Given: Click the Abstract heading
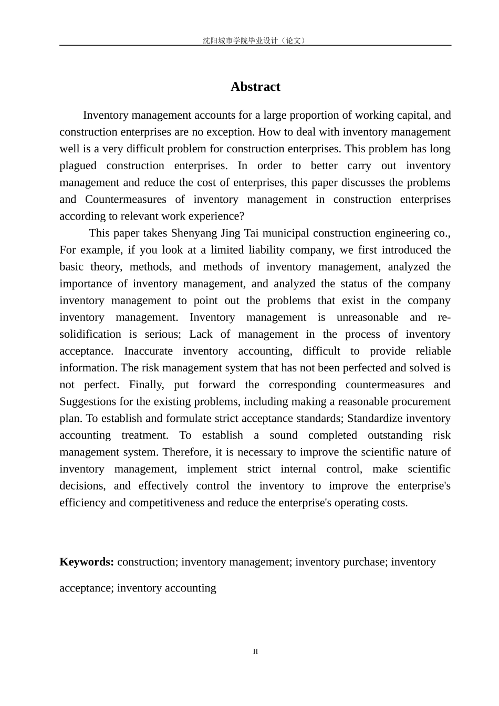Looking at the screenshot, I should [255, 87].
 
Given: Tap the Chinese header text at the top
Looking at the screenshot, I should [255, 40].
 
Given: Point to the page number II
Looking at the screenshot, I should [255, 651].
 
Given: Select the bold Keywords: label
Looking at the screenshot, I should [87, 562].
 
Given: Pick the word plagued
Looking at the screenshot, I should [78, 165].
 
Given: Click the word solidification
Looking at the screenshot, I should [90, 334].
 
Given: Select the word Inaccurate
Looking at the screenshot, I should [148, 351].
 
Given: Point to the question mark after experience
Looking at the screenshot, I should [242, 216].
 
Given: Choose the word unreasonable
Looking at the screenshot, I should [367, 317].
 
